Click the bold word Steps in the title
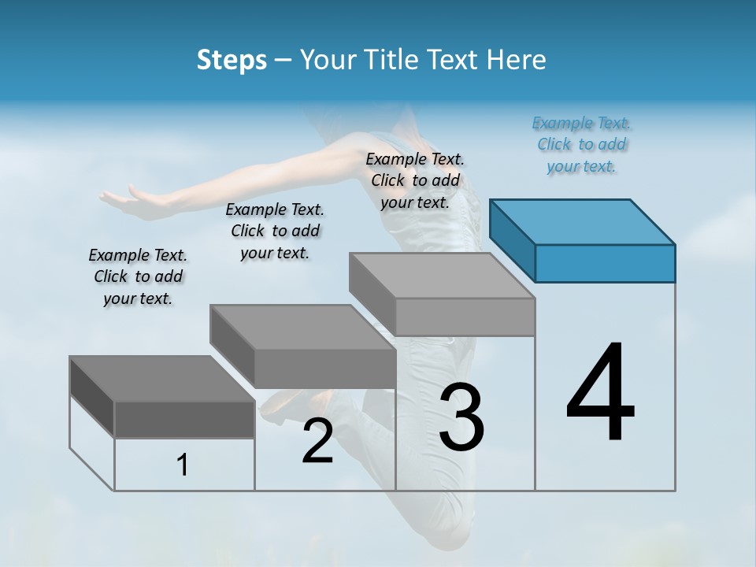click(232, 60)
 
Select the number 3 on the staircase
click(461, 417)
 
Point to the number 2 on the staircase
click(317, 441)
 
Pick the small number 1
click(183, 465)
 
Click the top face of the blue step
click(582, 221)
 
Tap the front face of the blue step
click(605, 263)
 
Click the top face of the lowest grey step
click(161, 379)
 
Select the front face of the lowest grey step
click(184, 419)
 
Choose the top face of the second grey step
click(302, 327)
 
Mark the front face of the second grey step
click(324, 369)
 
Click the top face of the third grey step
click(442, 276)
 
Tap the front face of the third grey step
click(465, 317)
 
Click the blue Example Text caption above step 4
click(582, 144)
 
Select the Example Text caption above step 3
click(415, 180)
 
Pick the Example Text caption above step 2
click(275, 231)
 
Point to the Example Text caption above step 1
click(138, 276)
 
